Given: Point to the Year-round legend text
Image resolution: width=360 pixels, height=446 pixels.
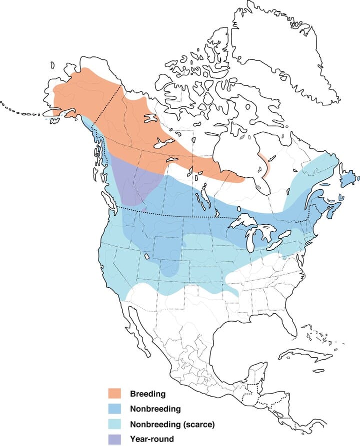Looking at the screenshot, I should tap(151, 439).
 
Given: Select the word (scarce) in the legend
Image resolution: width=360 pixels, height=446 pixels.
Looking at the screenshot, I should tap(197, 425).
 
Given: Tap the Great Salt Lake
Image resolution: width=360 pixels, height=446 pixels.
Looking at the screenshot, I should tap(148, 256).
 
